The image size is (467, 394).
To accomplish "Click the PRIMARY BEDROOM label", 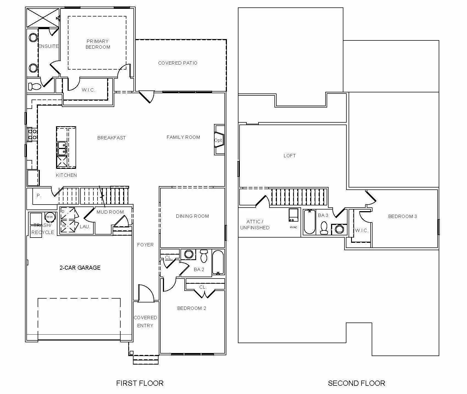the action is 98,44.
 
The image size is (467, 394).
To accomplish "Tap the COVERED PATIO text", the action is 178,63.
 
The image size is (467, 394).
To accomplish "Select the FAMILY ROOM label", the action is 183,137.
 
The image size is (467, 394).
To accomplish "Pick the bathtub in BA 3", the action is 310,222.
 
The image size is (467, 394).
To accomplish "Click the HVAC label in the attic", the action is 293,227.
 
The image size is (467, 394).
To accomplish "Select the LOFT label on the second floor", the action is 290,156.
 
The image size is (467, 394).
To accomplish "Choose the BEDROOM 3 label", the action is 402,216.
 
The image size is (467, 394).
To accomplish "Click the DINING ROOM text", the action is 192,216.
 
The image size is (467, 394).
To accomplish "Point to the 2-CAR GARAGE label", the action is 80,268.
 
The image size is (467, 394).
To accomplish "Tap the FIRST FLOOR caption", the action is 140,383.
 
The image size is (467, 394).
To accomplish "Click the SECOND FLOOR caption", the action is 357,383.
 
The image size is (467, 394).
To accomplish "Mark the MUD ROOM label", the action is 110,212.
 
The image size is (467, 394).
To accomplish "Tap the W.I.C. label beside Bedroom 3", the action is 362,230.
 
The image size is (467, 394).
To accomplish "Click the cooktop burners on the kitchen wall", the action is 32,134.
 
